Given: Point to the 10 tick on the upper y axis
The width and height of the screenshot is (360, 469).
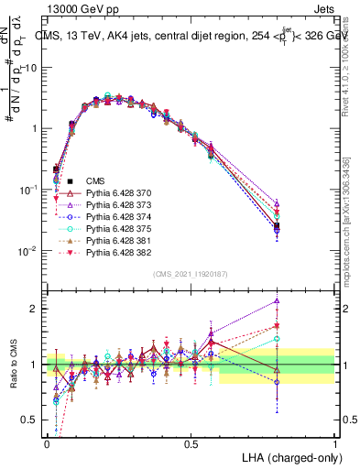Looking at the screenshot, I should click(x=33, y=68).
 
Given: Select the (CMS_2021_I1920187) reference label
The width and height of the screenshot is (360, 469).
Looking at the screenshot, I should click(x=191, y=273).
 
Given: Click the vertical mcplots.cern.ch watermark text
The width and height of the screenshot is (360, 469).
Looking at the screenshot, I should click(x=346, y=220).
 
